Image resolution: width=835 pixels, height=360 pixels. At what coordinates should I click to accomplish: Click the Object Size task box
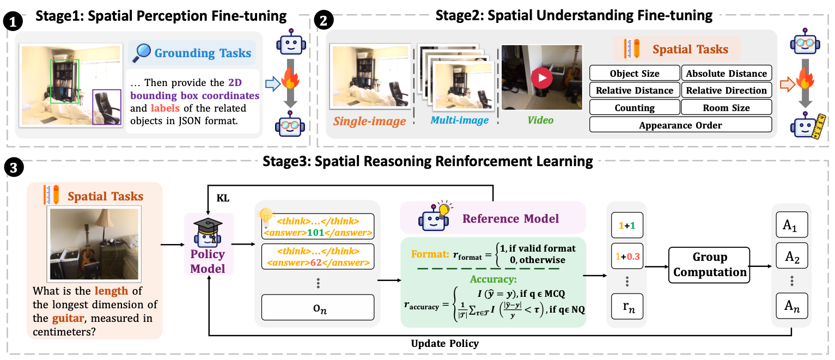[635, 74]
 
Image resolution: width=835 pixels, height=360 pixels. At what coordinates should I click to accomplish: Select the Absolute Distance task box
[727, 74]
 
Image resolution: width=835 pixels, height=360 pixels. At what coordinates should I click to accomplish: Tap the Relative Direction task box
[727, 90]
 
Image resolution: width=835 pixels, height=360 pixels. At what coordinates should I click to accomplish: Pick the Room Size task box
[727, 108]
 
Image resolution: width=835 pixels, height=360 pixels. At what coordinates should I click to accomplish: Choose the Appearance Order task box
[680, 125]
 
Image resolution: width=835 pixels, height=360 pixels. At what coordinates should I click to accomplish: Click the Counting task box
[635, 108]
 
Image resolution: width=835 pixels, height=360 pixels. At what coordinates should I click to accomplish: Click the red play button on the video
[541, 78]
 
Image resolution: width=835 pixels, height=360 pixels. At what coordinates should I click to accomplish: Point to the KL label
[223, 199]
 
